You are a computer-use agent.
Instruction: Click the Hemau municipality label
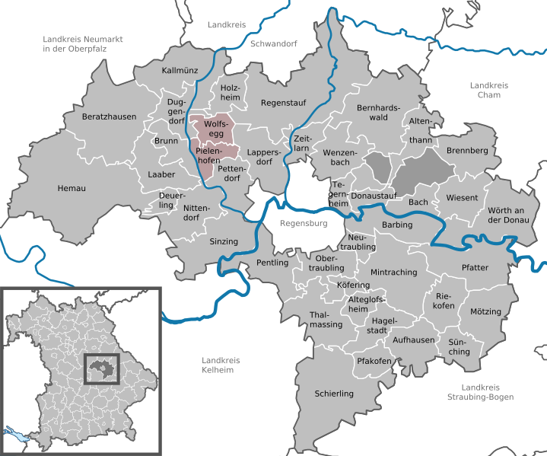[x=72, y=188]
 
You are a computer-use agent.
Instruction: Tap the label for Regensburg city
[x=303, y=224]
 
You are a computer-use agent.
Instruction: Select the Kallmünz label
[x=180, y=70]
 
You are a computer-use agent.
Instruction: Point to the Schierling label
[x=334, y=394]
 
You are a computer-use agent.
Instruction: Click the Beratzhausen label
[x=110, y=117]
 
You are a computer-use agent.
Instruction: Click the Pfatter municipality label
[x=475, y=268]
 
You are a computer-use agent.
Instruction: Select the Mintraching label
[x=393, y=272]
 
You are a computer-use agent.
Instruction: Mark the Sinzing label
[x=224, y=241]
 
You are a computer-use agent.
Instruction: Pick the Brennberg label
[x=467, y=151]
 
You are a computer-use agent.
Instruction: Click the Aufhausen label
[x=415, y=340]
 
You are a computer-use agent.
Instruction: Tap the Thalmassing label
[x=326, y=320]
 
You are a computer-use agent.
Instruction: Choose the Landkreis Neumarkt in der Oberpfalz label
[x=83, y=44]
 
